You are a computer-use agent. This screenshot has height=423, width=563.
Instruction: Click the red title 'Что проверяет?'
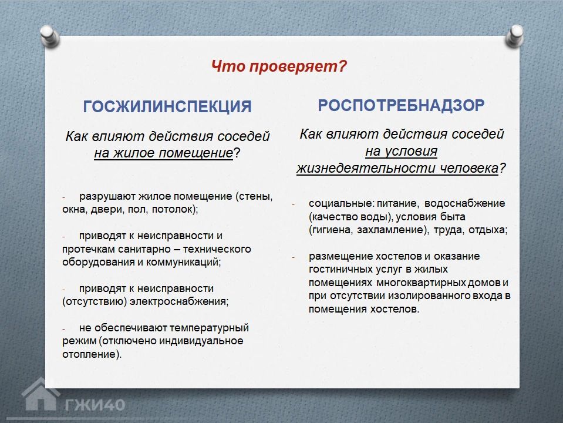point(279,66)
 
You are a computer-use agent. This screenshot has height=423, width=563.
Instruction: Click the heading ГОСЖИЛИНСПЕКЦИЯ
point(167,107)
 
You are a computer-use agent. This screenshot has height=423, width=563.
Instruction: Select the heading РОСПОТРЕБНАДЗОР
point(401,105)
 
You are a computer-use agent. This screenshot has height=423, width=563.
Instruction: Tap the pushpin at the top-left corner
point(50,36)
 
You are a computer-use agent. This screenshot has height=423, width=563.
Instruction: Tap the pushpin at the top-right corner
point(514,36)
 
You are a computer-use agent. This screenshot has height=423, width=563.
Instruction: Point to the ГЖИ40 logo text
point(95,405)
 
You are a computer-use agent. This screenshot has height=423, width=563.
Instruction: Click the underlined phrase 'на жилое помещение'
point(164,153)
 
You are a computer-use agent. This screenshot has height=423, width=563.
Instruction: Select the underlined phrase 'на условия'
point(401,152)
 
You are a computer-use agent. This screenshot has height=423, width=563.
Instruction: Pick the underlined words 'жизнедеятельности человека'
point(397,168)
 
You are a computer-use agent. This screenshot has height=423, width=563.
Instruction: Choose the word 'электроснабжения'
point(178,301)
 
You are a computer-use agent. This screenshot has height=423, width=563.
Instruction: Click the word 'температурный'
point(209,328)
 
